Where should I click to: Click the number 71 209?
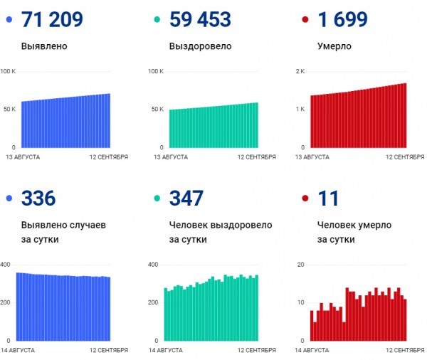(53, 19)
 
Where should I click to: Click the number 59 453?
(201, 19)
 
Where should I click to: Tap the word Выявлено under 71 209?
(44, 46)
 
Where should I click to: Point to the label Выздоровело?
(200, 46)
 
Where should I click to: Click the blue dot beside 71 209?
(9, 20)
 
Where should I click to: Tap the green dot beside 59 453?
(156, 20)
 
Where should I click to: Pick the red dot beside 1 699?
(304, 20)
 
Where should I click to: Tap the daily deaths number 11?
(328, 198)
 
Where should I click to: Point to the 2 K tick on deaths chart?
(300, 72)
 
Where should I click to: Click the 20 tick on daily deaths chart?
(300, 265)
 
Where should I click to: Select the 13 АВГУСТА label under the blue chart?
(23, 156)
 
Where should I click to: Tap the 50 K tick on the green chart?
(156, 110)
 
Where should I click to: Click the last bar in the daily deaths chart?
(405, 319)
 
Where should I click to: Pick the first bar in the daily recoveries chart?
(166, 314)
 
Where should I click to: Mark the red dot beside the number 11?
(304, 198)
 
